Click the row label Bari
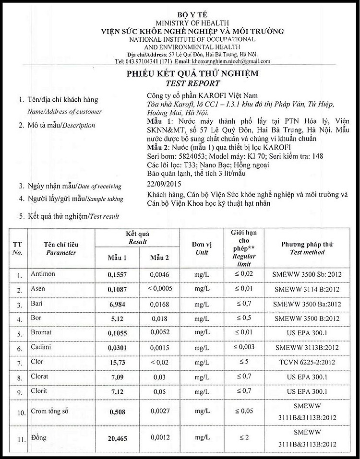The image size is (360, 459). pos(37,303)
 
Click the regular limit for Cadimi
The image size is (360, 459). pos(244,346)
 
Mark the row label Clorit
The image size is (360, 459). pos(39,391)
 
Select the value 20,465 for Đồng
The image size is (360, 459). pos(117,438)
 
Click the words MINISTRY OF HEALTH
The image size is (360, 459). pos(192,23)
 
